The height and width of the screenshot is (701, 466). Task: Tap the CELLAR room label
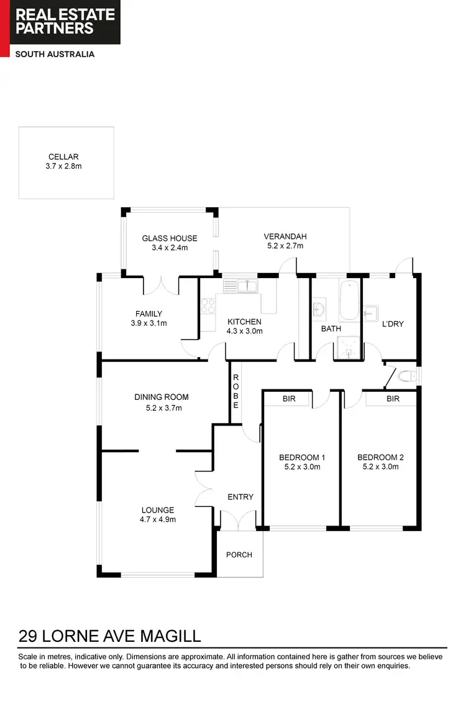point(63,157)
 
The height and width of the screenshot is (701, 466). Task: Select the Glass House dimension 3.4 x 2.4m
point(170,248)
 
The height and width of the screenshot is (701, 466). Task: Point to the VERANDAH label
point(285,236)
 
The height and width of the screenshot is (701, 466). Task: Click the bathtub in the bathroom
point(350,300)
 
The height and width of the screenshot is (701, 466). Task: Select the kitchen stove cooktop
point(208,306)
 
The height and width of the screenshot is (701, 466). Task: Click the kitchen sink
point(247,286)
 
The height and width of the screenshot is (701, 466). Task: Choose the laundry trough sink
point(372,311)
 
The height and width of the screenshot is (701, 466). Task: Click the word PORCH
point(239,554)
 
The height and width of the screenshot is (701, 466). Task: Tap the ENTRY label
point(240,496)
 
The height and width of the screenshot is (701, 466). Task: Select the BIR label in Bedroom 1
point(289,399)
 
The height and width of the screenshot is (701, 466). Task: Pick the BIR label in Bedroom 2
point(393,399)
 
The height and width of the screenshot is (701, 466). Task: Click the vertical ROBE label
point(235,391)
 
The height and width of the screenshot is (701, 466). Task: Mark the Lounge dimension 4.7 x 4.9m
point(157,519)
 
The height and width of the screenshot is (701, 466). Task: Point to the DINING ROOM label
point(162,397)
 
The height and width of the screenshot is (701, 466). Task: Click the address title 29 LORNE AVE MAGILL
point(110,636)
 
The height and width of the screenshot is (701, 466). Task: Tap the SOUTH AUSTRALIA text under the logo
point(55,54)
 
